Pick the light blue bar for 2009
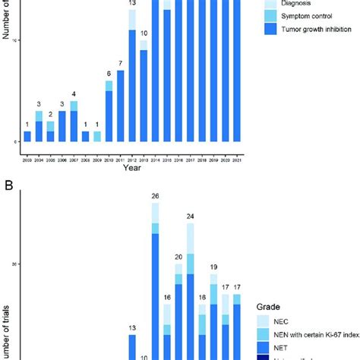97,137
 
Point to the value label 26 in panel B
155,196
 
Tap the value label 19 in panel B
214,267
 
